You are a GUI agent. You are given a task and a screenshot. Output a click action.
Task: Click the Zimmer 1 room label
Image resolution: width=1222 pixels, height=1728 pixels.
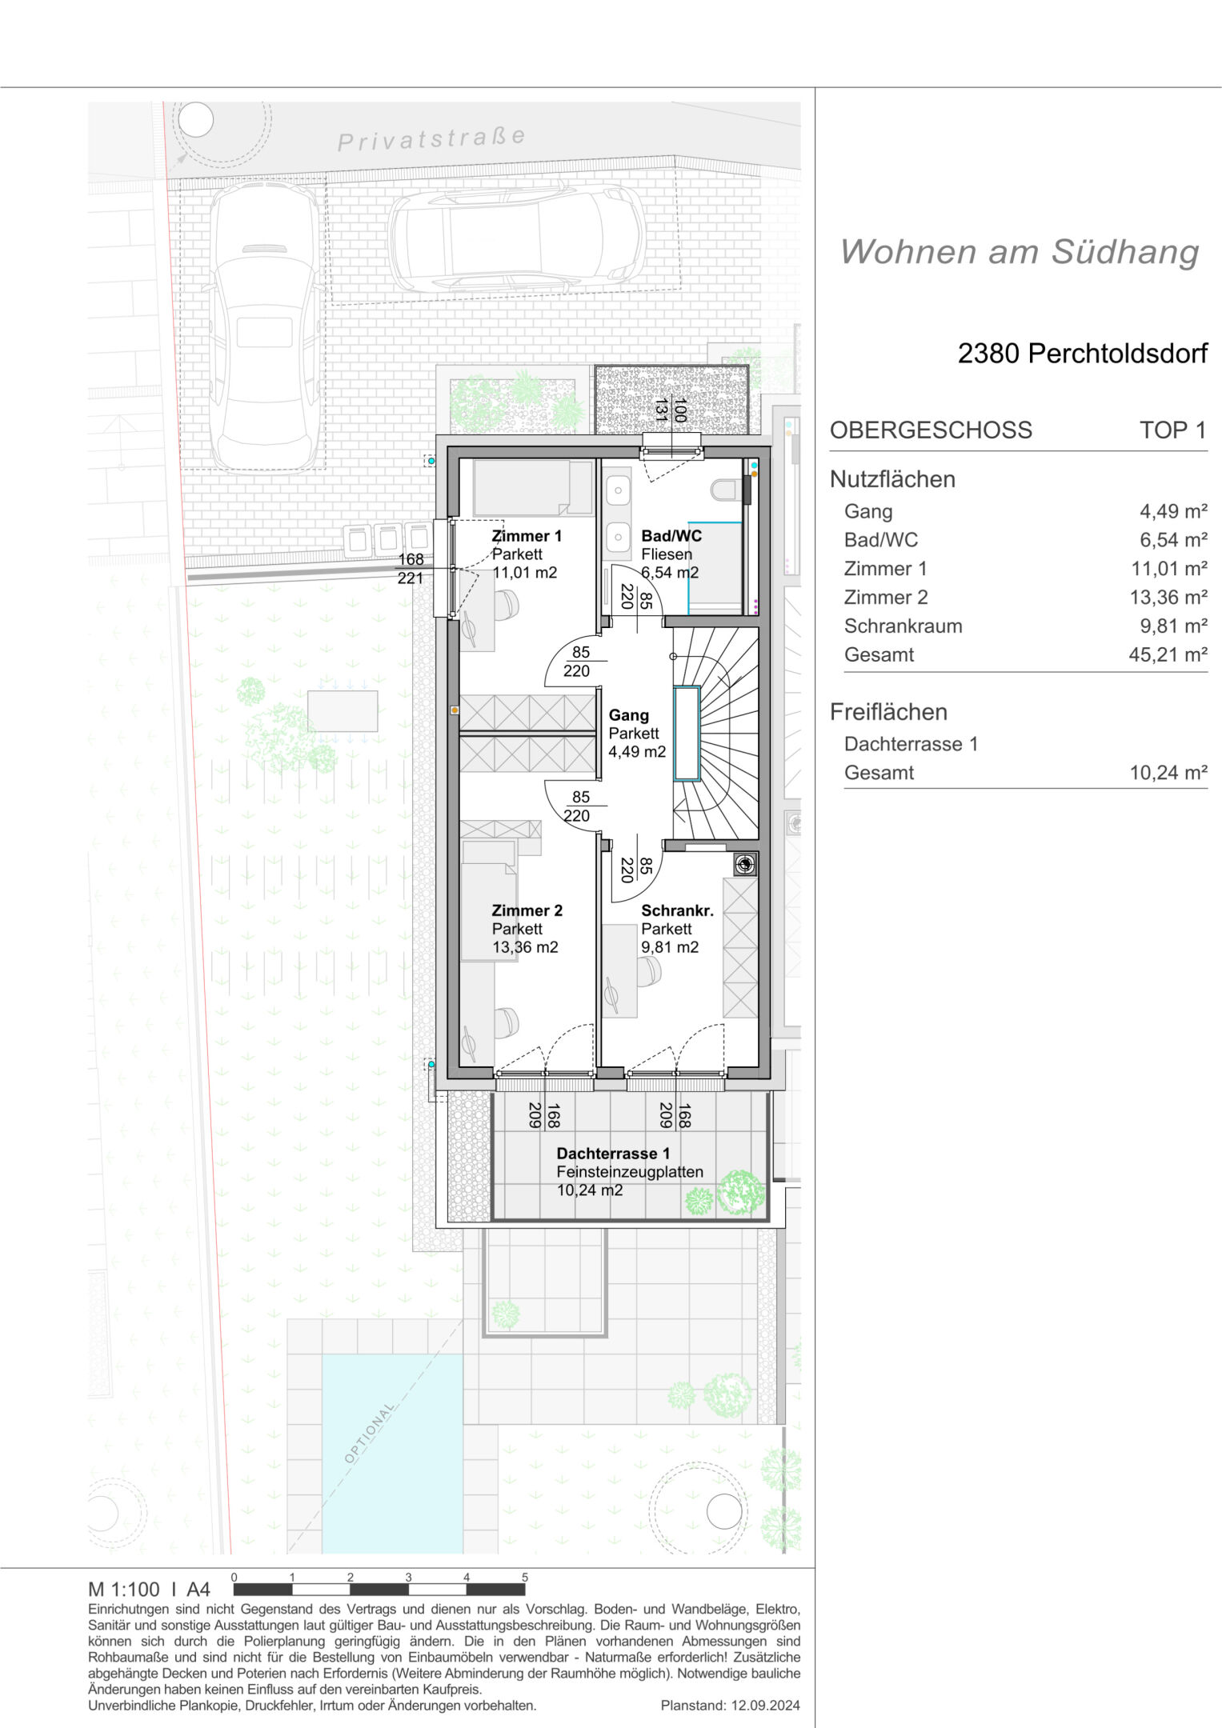coord(527,536)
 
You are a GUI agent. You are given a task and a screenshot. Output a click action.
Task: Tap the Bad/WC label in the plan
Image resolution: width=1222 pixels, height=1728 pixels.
coord(671,536)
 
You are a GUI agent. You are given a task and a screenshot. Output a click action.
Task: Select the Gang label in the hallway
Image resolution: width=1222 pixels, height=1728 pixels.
coord(628,715)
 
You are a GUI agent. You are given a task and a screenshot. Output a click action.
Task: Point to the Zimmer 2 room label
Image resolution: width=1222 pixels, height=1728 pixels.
coord(527,910)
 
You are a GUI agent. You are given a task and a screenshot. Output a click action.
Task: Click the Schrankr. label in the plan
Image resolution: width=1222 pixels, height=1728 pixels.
coord(677,910)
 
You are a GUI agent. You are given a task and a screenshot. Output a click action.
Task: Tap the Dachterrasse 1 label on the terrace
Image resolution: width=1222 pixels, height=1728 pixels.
coord(613,1154)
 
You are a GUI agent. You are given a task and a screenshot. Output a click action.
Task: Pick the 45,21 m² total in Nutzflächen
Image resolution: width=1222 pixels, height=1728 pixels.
coord(1168,655)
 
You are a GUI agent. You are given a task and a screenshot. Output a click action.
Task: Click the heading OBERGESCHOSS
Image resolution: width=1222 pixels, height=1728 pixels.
coord(931,430)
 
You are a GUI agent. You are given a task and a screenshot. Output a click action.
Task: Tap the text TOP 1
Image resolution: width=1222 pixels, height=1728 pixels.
coord(1173,430)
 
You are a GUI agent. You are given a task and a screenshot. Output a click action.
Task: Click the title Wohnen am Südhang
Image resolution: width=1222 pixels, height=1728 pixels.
coord(1020,252)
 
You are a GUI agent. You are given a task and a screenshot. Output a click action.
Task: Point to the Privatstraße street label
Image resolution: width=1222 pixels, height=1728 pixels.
coord(431,139)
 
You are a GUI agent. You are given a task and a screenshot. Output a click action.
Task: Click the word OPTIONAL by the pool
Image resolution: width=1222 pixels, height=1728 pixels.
coord(370,1433)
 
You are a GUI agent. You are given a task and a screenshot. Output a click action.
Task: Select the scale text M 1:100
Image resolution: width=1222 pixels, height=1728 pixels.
coord(124,1589)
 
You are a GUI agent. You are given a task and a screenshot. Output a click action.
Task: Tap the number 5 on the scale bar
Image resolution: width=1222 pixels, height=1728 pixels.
coord(525,1577)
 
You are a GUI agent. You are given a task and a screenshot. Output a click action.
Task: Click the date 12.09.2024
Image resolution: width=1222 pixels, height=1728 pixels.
coord(765,1706)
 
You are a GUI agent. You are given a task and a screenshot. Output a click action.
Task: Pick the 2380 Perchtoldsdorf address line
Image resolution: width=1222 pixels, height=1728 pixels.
coord(1083,354)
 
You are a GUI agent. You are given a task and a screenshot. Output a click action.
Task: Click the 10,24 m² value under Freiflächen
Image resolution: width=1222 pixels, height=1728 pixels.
coord(1168,773)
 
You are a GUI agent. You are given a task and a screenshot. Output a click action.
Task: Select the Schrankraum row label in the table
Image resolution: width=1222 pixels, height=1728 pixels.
coord(903,626)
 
